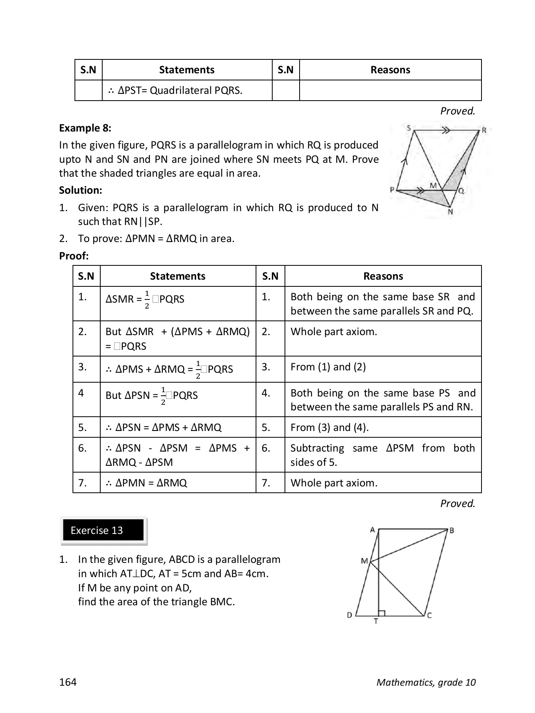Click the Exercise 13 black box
(103, 530)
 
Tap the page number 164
(68, 682)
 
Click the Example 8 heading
(85, 128)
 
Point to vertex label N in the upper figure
(450, 212)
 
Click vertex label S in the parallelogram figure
(409, 128)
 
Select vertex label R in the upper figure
(484, 130)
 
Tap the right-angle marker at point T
(382, 613)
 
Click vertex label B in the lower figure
(451, 530)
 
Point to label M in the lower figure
(364, 561)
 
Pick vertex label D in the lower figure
(350, 615)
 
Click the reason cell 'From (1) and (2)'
(328, 367)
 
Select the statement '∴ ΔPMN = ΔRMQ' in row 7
(147, 483)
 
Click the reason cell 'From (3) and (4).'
(330, 427)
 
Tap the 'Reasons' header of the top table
(390, 70)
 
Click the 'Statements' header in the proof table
(178, 276)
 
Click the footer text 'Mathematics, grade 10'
(426, 682)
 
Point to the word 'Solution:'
(80, 190)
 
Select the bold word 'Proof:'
(74, 256)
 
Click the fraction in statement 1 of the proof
(147, 299)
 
